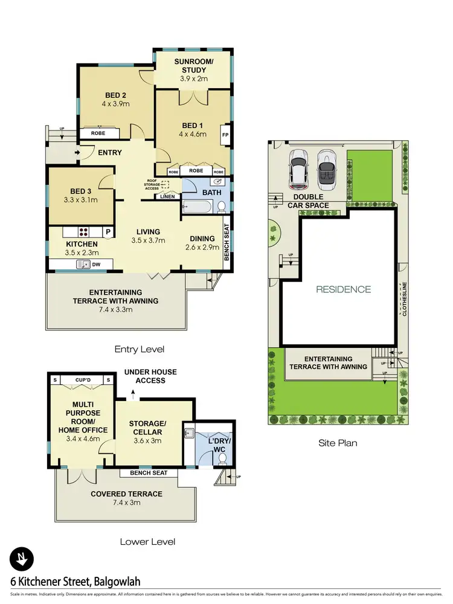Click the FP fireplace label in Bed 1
click(225, 135)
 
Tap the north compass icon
click(22, 559)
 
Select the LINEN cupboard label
click(167, 196)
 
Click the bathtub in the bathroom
click(198, 208)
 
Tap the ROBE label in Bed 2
click(98, 133)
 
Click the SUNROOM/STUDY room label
click(191, 70)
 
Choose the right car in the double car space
click(327, 167)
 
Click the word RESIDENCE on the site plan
click(343, 289)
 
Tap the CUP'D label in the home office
click(83, 380)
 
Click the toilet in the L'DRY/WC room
click(222, 458)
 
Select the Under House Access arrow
click(133, 394)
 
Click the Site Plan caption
click(338, 443)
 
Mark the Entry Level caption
click(140, 349)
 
